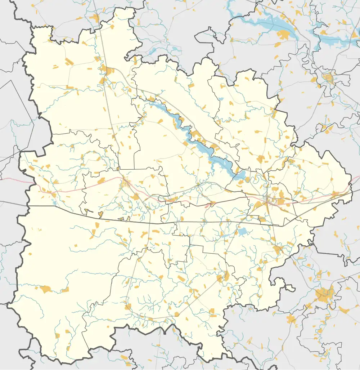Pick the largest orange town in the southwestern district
(46, 289)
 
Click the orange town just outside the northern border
(95, 18)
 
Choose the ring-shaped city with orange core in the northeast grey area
(328, 78)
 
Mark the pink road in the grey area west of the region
(14, 179)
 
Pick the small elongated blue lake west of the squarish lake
(224, 236)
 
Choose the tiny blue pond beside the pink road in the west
(54, 195)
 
